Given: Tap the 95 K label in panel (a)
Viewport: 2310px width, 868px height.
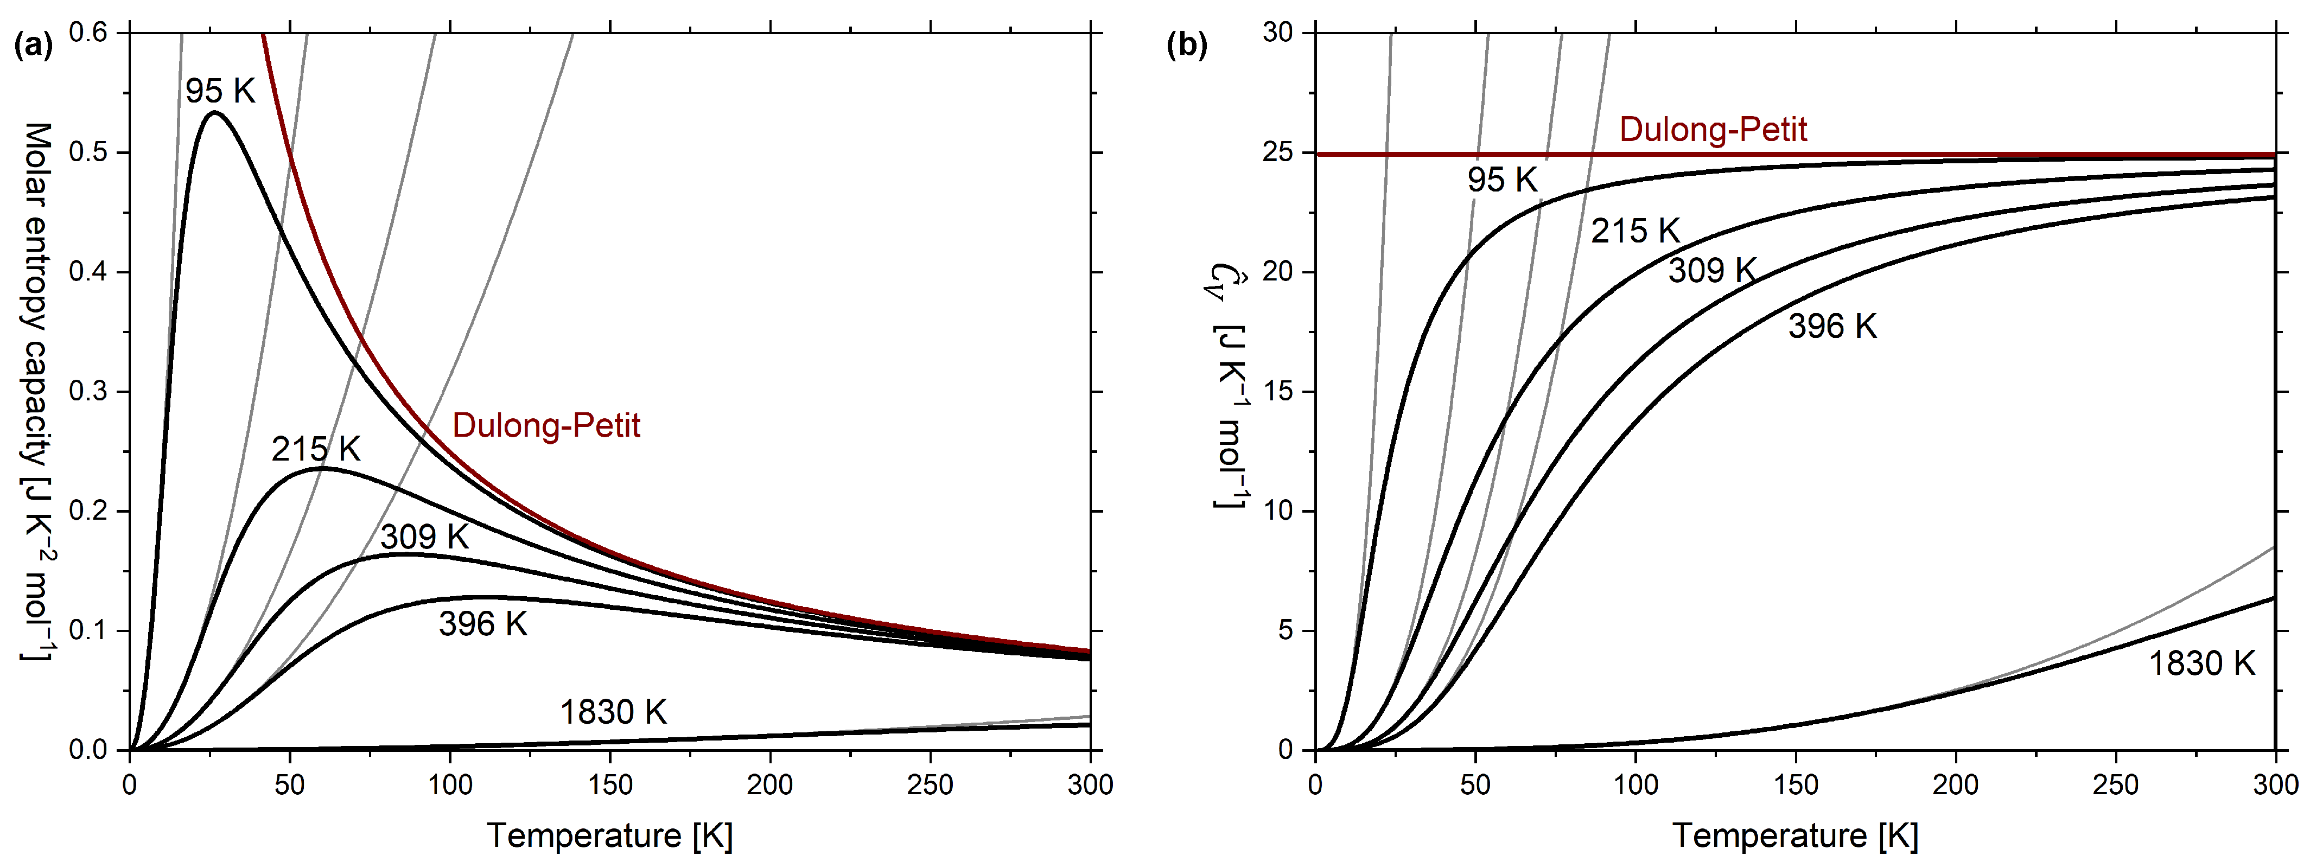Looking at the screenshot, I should [x=220, y=91].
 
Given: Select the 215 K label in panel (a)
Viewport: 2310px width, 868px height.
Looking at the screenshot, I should [x=316, y=448].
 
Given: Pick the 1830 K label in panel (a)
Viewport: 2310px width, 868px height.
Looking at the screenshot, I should [x=613, y=712].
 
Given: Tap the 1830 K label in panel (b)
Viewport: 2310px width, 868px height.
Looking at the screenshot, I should [x=2201, y=663].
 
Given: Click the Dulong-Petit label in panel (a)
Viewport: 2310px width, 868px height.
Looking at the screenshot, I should [x=546, y=425].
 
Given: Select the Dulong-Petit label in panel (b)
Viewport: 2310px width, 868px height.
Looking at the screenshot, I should [x=1713, y=130].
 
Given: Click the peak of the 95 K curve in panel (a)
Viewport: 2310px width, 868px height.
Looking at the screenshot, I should [x=213, y=112].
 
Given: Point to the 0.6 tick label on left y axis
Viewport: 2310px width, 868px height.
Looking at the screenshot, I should [x=88, y=33].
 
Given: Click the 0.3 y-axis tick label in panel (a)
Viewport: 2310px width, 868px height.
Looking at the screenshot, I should [x=88, y=392].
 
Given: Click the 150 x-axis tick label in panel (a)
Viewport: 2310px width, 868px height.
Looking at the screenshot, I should [x=610, y=784].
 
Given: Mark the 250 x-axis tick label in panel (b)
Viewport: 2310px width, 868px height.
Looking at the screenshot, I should [x=2115, y=784].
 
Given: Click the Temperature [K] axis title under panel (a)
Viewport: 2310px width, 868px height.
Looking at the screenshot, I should [x=610, y=835].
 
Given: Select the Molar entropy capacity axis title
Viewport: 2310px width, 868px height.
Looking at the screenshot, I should [x=36, y=392].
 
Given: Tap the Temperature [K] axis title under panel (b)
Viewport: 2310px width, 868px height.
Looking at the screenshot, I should [x=1795, y=835].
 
